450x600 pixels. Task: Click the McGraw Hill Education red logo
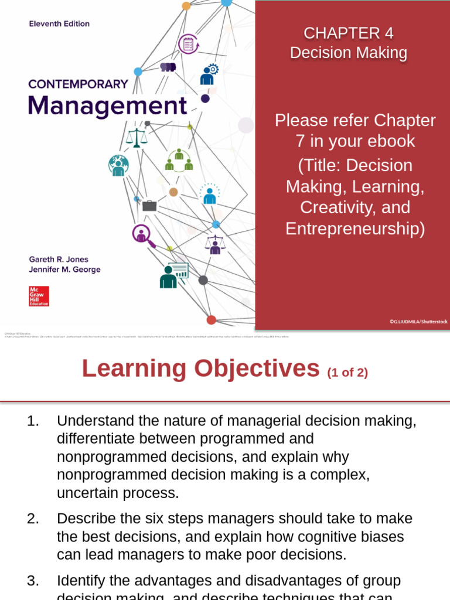pos(39,296)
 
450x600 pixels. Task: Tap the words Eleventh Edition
pos(59,24)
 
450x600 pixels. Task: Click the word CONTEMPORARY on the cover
pos(78,84)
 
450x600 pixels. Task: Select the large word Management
pos(108,106)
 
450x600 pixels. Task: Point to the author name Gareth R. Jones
pos(59,259)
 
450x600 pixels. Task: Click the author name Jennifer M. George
pos(65,270)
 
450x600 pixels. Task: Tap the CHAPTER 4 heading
pos(349,33)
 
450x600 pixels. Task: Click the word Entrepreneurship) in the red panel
pos(355,229)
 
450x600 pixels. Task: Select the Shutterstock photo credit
pos(418,322)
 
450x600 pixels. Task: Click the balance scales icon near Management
pos(137,138)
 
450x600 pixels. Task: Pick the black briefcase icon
pos(149,206)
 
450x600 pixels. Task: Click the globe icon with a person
pos(118,165)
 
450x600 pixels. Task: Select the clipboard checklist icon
pos(189,44)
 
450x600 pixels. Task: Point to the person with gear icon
pos(209,74)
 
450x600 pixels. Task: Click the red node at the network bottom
pos(211,320)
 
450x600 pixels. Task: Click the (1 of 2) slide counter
pos(347,372)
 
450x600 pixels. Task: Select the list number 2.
pos(33,518)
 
